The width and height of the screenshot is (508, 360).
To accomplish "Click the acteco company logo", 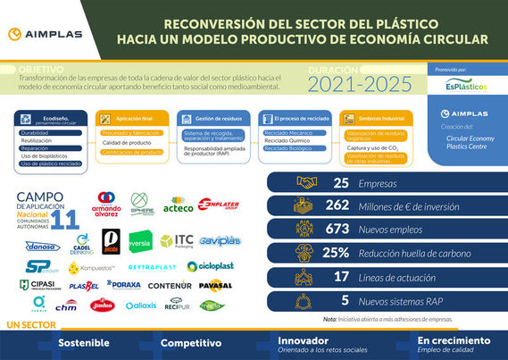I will (x=178, y=207).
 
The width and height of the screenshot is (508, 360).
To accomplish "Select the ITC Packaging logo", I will (x=176, y=240).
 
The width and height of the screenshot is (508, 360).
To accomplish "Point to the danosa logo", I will (x=43, y=246).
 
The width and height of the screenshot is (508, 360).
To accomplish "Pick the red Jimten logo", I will (x=103, y=306).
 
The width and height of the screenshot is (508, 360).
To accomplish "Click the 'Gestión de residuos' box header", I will (x=212, y=117).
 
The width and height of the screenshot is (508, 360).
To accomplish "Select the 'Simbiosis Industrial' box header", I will (x=370, y=117).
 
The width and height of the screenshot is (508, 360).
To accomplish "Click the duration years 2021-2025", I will (x=359, y=83).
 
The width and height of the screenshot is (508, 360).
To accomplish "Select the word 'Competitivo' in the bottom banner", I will (x=190, y=342).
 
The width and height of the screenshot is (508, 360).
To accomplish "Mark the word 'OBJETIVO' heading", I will (x=41, y=68).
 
